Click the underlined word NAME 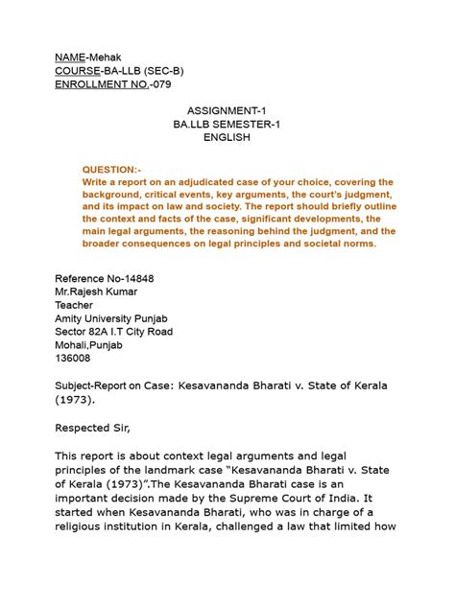tap(70, 57)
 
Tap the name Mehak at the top tap(107, 57)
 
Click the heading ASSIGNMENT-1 tap(227, 112)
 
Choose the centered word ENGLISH tap(227, 138)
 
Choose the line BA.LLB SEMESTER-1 tap(227, 126)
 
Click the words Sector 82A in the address tap(87, 332)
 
